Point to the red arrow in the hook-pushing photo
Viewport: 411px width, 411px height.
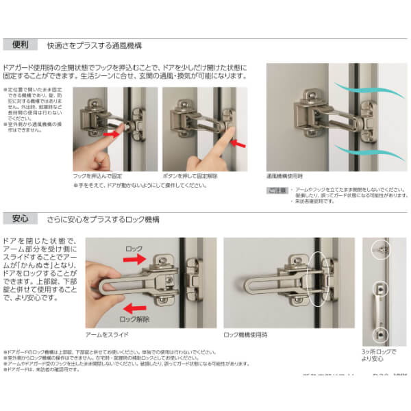click(112, 135)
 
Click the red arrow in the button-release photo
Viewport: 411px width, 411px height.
click(240, 144)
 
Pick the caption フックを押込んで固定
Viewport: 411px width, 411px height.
click(102, 176)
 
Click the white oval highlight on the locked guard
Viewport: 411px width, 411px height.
click(319, 282)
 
